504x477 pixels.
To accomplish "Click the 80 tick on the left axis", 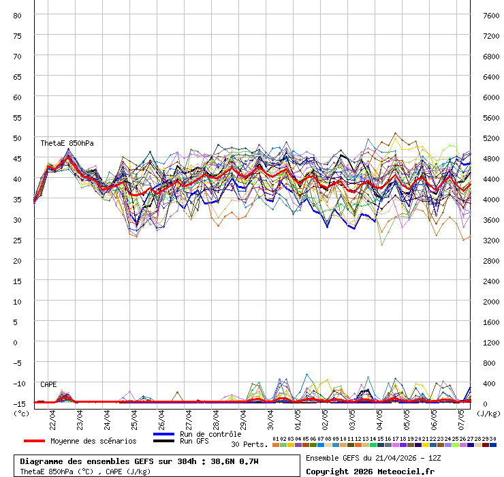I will coord(18,15).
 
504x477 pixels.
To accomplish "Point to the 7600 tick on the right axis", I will coord(492,15).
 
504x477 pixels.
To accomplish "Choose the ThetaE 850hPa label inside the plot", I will coord(67,143).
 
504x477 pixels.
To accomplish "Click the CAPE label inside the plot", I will coord(48,384).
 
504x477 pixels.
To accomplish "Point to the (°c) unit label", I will coord(21,412).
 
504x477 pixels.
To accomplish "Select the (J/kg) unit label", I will coord(488,412).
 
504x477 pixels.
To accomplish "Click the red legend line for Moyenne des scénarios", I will coord(34,441).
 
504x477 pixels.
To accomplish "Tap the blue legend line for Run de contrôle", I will coord(163,434).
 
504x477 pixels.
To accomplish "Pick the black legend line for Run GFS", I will coord(163,441).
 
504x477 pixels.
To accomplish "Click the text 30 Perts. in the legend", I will coord(249,444).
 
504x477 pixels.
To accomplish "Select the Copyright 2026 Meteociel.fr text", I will coord(370,471).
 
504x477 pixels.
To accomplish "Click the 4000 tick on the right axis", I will coord(492,199).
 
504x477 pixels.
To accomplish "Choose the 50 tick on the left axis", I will coord(18,138).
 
